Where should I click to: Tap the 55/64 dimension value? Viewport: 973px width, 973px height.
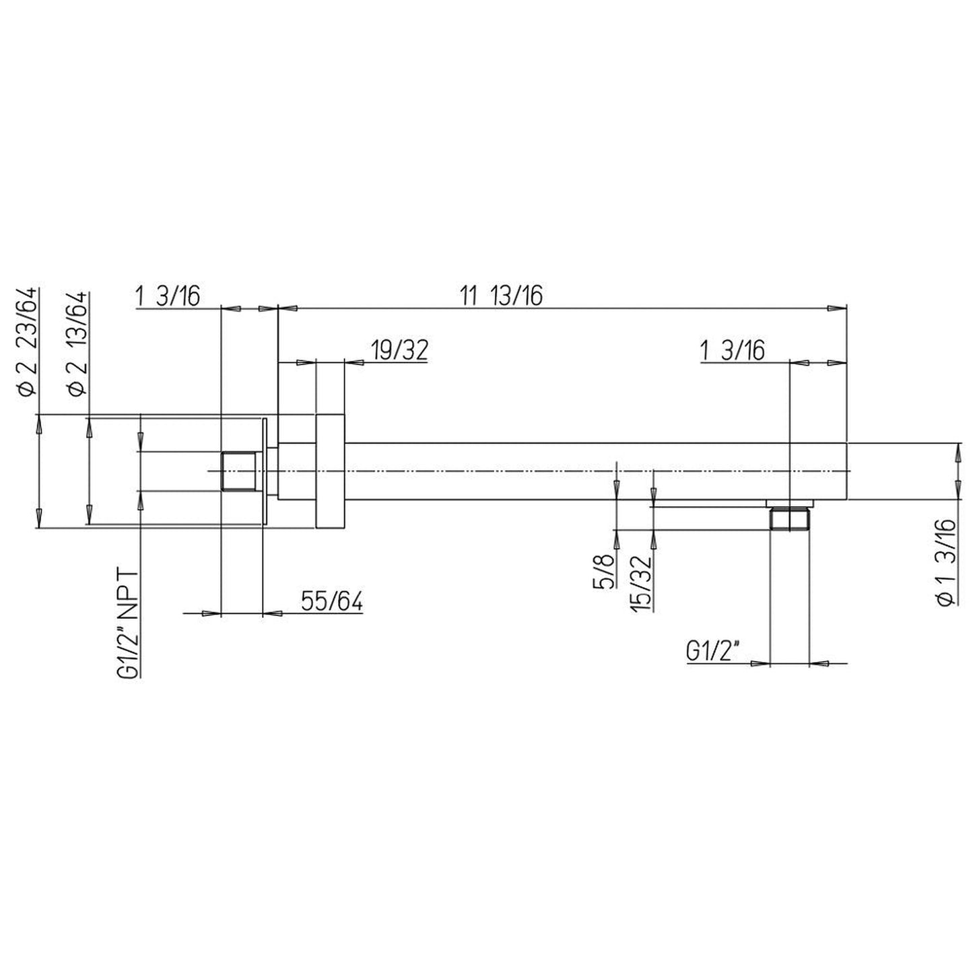click(x=332, y=601)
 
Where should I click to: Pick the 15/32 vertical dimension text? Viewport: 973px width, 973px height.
click(x=641, y=583)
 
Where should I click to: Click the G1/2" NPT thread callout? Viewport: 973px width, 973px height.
click(x=128, y=624)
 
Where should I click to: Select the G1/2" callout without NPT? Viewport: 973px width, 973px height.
click(x=713, y=652)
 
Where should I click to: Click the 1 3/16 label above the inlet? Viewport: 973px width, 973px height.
click(x=168, y=296)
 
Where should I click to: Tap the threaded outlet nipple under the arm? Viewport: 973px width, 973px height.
click(x=790, y=519)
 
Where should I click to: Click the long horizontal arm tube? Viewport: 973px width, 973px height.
click(x=566, y=471)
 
